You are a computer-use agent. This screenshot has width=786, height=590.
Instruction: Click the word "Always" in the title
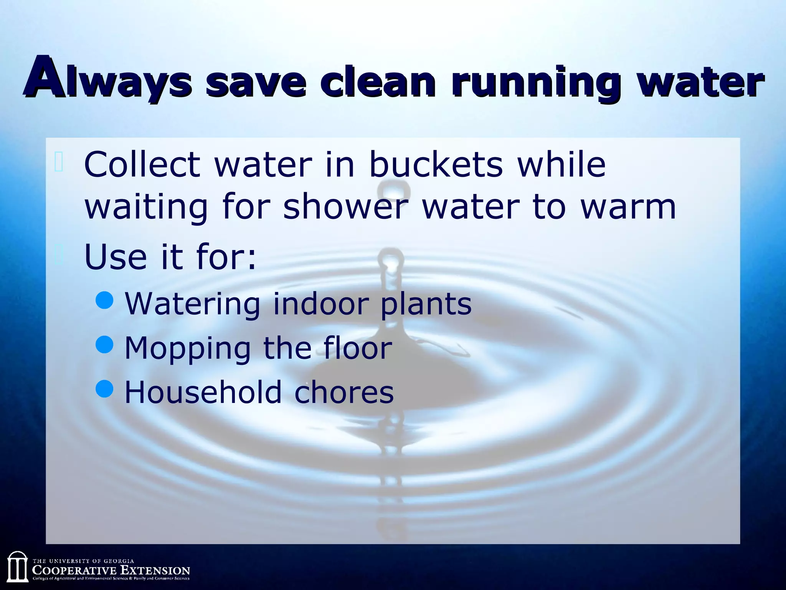pos(108,80)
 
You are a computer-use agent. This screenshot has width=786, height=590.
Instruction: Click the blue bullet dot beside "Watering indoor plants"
pos(104,300)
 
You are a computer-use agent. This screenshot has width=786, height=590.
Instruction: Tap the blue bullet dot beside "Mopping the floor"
pos(104,345)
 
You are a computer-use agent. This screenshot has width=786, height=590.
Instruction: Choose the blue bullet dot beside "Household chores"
pos(104,389)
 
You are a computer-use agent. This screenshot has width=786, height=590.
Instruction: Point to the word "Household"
pos(203,392)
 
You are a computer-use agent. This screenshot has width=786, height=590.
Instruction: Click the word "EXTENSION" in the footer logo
pos(155,570)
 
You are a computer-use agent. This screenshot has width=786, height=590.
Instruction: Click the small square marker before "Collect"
pos(59,162)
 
